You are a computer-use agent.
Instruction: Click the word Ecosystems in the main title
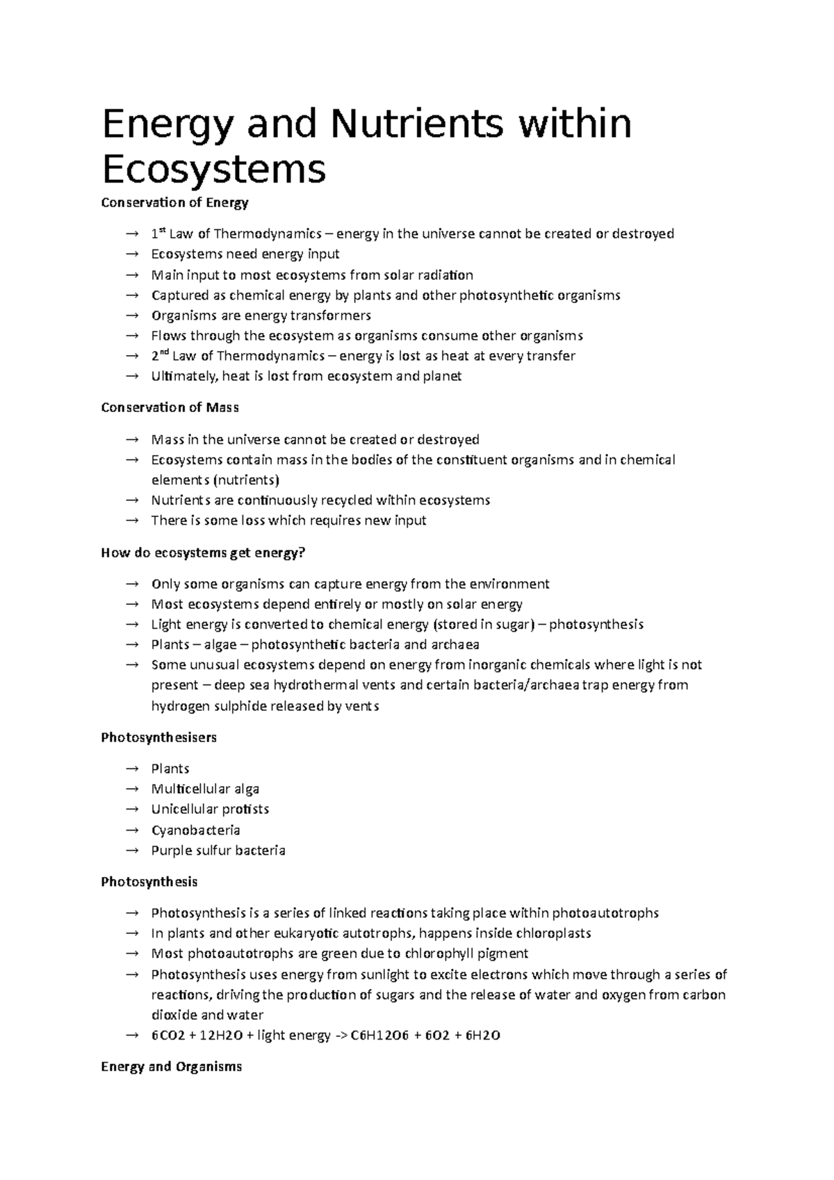[213, 168]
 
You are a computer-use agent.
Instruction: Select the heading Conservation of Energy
[174, 203]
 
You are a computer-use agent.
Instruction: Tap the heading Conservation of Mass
[170, 408]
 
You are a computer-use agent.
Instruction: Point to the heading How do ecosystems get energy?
[203, 553]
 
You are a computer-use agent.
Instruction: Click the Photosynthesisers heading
[158, 737]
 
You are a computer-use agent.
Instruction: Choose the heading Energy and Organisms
[171, 1067]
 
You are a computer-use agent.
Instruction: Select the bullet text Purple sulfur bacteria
[218, 851]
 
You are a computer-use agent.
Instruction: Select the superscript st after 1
[163, 229]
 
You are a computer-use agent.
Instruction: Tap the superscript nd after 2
[164, 352]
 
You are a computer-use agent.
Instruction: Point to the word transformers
[330, 316]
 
